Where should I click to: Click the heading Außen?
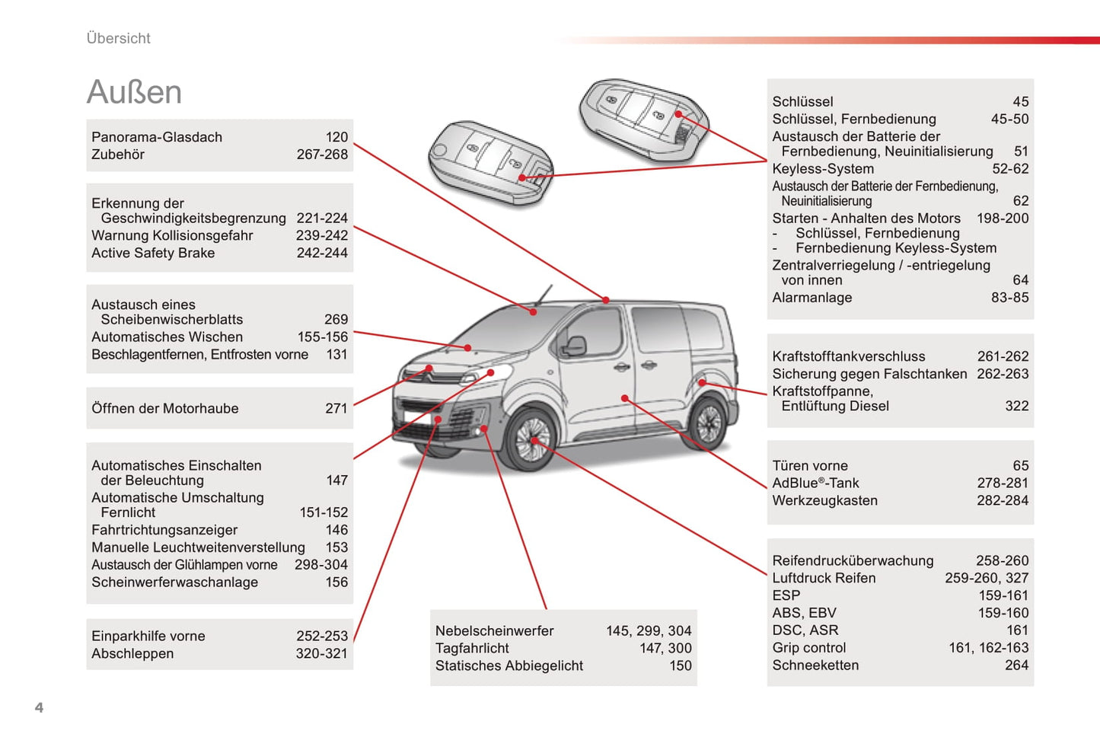click(134, 92)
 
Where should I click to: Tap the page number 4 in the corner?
click(39, 707)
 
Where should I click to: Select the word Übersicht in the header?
click(118, 38)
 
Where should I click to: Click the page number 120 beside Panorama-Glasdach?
click(336, 137)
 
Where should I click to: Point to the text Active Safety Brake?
click(153, 253)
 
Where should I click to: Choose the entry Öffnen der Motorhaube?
click(165, 408)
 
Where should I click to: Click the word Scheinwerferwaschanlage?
click(174, 582)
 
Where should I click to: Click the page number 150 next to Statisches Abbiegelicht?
click(680, 665)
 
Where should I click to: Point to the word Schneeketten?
click(815, 665)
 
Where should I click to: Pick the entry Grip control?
click(808, 647)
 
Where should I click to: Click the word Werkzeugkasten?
click(824, 500)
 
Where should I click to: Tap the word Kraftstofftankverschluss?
click(849, 356)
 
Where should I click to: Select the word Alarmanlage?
click(811, 298)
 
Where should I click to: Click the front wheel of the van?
click(530, 440)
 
